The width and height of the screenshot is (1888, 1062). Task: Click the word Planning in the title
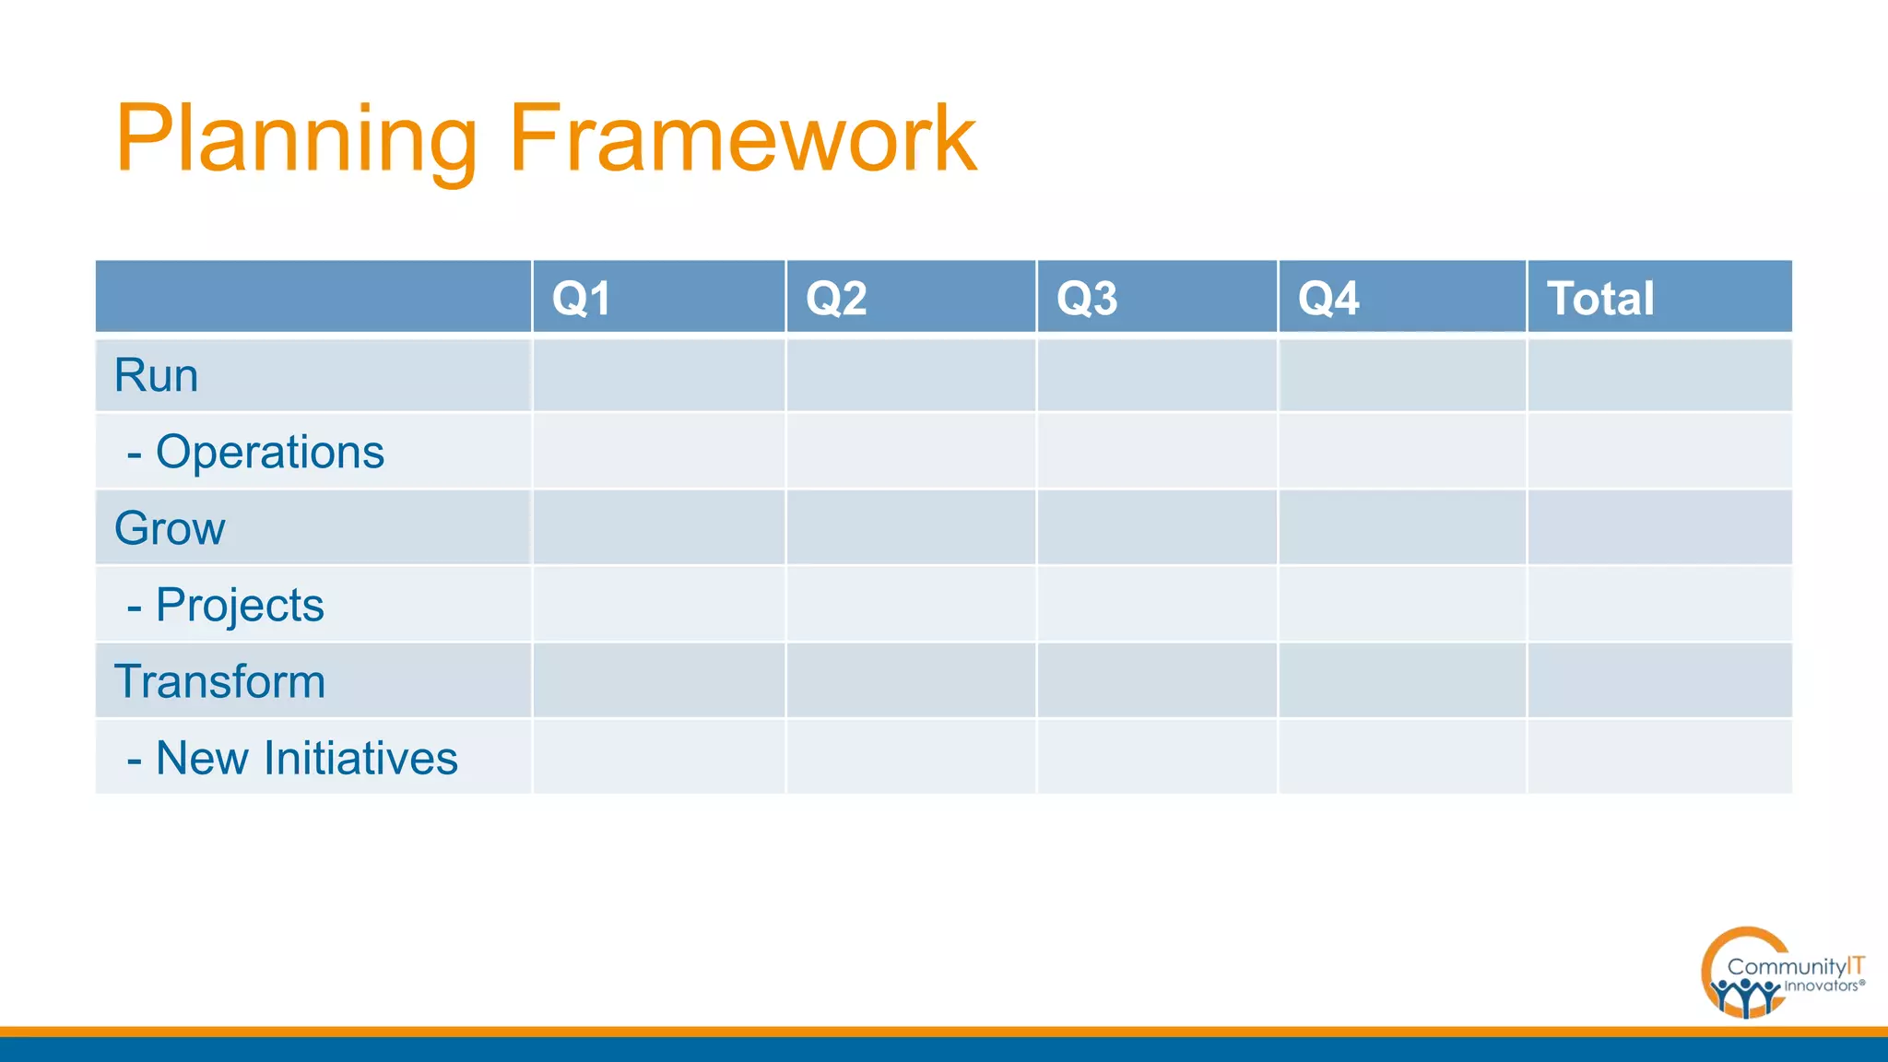[x=295, y=140]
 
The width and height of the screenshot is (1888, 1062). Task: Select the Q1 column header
[x=581, y=298]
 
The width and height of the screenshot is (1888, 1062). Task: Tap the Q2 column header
[x=836, y=298]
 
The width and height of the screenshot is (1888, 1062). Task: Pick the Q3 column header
[x=1087, y=298]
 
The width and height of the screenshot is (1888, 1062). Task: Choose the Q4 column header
[x=1328, y=298]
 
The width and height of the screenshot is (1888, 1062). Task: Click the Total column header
[x=1600, y=298]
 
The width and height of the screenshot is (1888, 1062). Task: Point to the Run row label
[x=157, y=375]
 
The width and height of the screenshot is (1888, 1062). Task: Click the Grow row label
[x=170, y=528]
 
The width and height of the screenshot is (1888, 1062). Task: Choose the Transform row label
[x=219, y=681]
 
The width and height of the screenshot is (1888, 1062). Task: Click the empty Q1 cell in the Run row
[x=658, y=375]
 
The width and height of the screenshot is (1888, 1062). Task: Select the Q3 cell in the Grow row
[x=1157, y=528]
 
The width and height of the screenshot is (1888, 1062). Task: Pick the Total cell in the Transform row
[x=1659, y=681]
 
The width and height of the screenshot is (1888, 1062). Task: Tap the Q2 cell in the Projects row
[x=911, y=605]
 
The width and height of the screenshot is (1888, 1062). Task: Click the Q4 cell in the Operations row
[x=1402, y=452]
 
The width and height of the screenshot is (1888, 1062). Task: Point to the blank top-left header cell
[x=313, y=297]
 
